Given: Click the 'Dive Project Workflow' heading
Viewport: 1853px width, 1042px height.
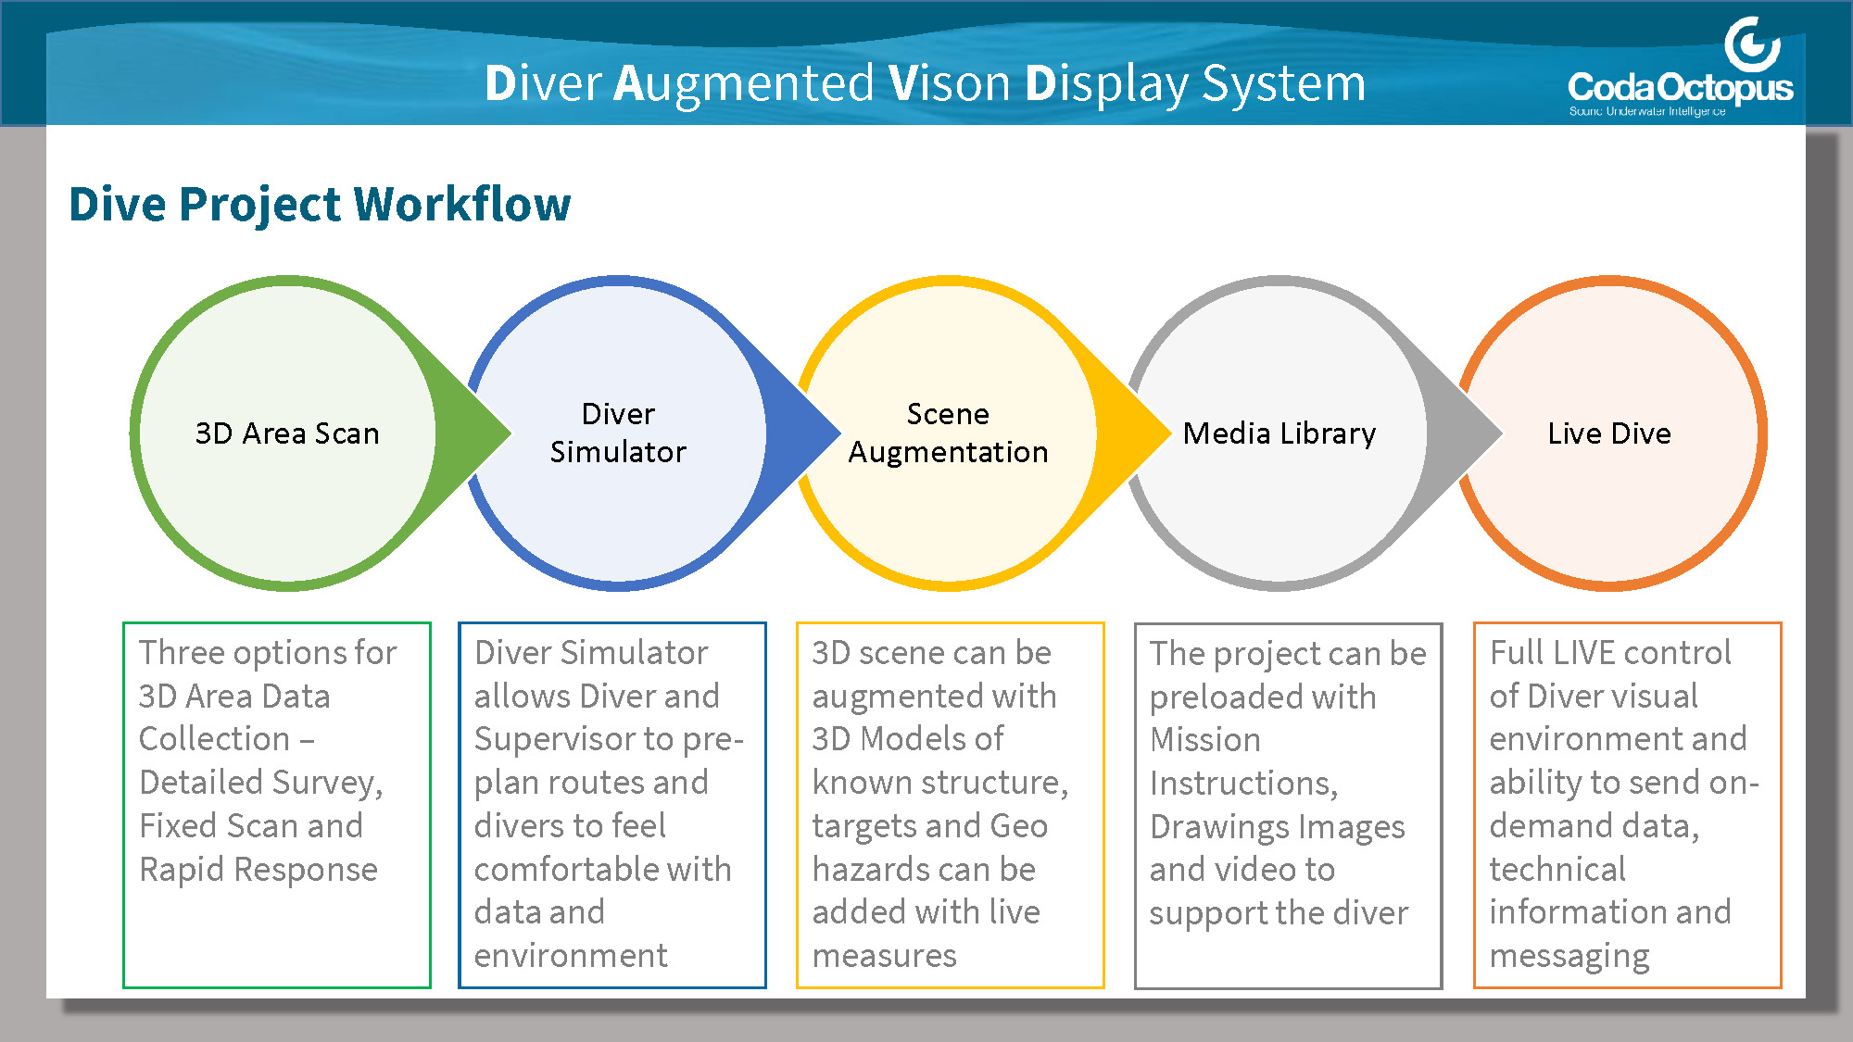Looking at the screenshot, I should (x=320, y=204).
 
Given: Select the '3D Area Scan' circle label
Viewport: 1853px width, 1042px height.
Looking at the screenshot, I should (x=287, y=433).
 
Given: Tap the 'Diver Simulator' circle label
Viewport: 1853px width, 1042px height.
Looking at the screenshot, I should (x=618, y=433).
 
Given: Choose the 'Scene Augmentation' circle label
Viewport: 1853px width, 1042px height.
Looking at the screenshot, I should (x=948, y=433).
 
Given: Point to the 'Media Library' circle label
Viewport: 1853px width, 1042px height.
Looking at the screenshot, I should (x=1279, y=433).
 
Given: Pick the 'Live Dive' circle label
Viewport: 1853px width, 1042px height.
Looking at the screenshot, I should (x=1609, y=433).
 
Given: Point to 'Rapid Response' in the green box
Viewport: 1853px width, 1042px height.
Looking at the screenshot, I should (x=258, y=870).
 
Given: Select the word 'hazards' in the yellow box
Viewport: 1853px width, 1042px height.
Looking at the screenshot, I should (x=871, y=870).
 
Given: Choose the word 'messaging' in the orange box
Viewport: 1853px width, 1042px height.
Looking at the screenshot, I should (x=1569, y=956).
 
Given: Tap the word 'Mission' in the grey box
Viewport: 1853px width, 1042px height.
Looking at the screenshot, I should (x=1205, y=740).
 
